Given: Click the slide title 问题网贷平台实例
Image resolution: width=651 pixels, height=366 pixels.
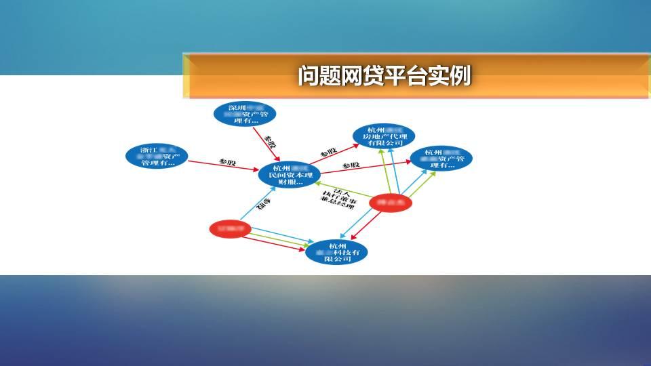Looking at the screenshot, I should click(x=384, y=75).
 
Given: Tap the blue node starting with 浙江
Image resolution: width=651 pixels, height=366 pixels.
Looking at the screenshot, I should click(x=157, y=157).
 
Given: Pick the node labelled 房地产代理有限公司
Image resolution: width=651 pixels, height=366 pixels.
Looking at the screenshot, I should click(x=384, y=136).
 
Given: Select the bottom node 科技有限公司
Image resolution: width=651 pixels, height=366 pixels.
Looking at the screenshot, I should click(x=337, y=251).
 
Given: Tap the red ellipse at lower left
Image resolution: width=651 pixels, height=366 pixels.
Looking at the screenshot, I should click(x=231, y=229).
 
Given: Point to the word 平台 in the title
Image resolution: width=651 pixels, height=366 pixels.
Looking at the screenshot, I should click(x=405, y=75).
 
